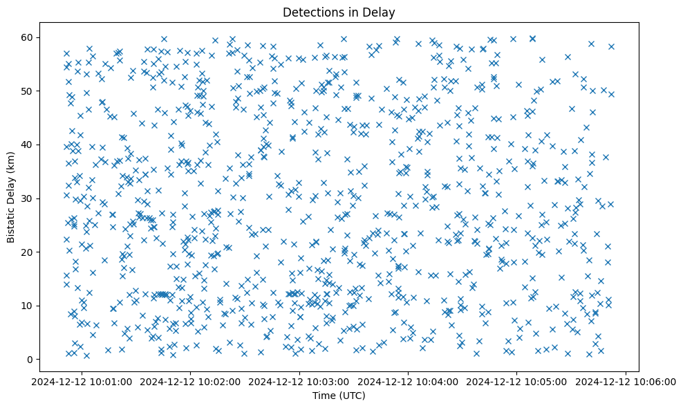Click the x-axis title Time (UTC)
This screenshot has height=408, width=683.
(x=339, y=396)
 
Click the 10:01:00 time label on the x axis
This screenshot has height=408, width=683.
(x=82, y=381)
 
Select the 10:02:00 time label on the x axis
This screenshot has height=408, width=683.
(x=191, y=381)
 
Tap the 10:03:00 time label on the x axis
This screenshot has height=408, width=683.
(x=300, y=381)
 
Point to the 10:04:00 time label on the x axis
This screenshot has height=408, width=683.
(x=409, y=381)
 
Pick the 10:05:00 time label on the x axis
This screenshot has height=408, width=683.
(x=517, y=381)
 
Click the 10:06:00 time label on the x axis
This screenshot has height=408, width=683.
(x=626, y=381)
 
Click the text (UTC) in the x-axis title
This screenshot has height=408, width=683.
(x=352, y=396)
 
